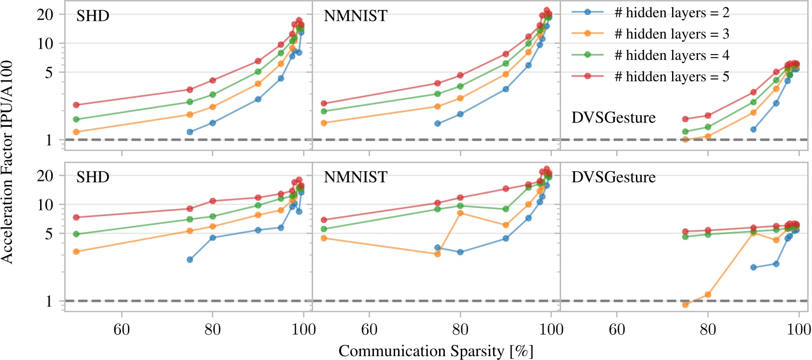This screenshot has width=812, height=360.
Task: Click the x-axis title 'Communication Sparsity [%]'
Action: click(436, 351)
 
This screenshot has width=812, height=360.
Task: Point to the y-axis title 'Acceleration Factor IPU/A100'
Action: click(7, 162)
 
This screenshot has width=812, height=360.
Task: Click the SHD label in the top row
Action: click(93, 16)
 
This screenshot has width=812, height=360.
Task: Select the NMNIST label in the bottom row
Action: click(355, 177)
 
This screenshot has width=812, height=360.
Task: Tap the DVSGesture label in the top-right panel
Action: click(613, 118)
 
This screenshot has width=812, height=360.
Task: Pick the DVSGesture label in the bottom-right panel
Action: click(613, 177)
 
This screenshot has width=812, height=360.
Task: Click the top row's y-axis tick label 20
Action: click(45, 14)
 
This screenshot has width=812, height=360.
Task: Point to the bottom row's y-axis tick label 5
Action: click(48, 234)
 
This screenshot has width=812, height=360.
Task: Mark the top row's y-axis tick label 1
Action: click(48, 140)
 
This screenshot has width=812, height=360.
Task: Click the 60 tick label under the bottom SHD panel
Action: click(122, 330)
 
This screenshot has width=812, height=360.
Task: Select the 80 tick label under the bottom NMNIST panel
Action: click(460, 330)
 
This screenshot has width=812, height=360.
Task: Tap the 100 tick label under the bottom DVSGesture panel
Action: click(798, 330)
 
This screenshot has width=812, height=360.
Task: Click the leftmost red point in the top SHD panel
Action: click(76, 105)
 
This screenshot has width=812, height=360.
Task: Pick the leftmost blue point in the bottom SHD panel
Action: click(190, 260)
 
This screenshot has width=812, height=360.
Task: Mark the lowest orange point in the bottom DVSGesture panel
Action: click(685, 305)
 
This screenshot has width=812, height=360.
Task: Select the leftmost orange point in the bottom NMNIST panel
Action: click(324, 238)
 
